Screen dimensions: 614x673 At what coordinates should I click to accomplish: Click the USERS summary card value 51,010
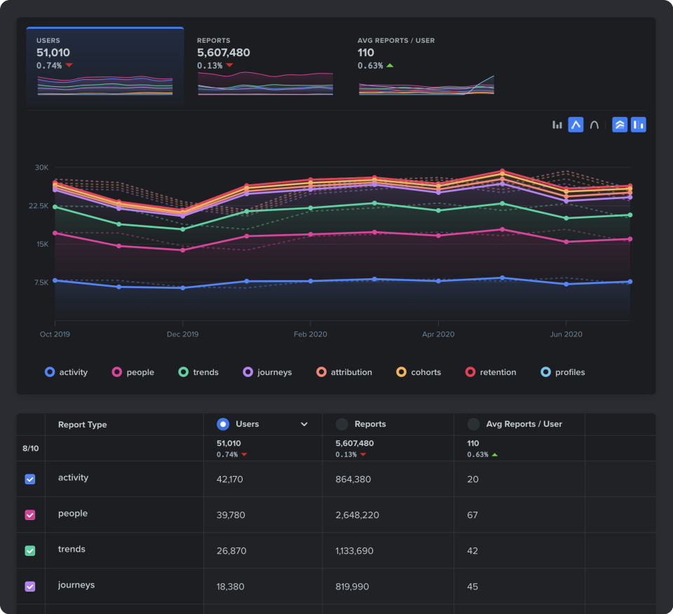(53, 53)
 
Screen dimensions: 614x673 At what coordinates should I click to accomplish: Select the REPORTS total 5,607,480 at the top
(223, 53)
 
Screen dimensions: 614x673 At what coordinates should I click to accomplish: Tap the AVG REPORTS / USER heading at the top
(395, 41)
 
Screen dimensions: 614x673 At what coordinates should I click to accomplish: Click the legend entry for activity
(67, 372)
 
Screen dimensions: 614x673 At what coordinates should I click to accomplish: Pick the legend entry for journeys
(267, 372)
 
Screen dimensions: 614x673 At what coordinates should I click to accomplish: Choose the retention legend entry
(491, 372)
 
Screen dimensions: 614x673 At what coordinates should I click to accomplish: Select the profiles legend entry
(563, 372)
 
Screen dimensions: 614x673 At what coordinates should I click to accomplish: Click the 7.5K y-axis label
(41, 282)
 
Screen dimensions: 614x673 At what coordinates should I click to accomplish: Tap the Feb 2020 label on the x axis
(310, 334)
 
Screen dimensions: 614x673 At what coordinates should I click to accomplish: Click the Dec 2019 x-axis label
(182, 334)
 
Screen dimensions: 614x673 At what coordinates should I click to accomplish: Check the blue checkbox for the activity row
(30, 479)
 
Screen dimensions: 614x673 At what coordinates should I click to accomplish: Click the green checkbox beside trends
(30, 551)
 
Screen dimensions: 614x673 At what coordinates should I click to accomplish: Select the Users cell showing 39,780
(231, 515)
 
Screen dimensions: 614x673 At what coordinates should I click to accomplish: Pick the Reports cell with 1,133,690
(354, 551)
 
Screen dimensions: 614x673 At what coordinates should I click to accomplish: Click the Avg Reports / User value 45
(473, 587)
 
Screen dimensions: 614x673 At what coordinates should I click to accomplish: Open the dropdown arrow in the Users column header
(304, 424)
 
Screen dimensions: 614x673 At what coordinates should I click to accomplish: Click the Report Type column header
(82, 425)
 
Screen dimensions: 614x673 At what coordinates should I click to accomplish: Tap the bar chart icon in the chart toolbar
(557, 125)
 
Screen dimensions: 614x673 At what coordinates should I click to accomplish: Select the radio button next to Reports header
(342, 424)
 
